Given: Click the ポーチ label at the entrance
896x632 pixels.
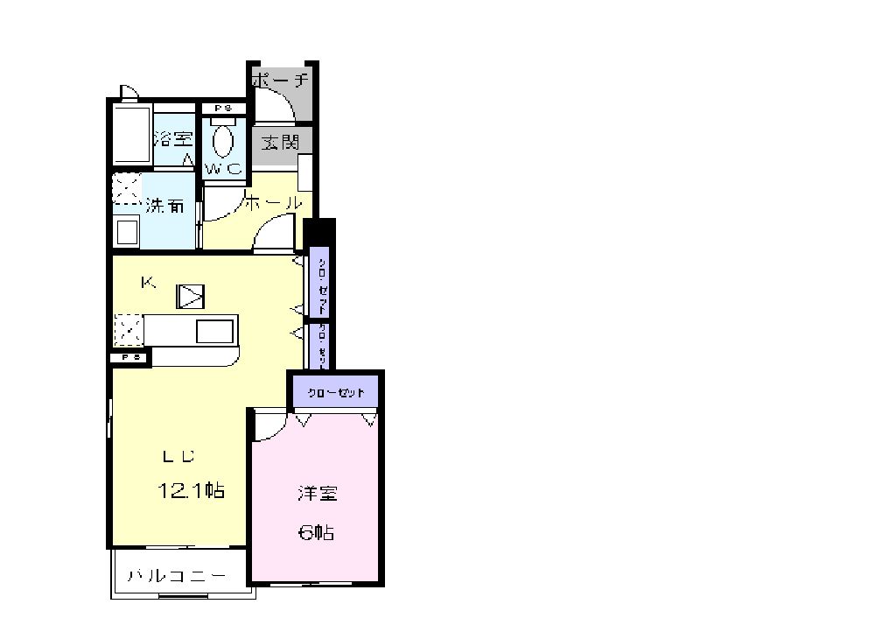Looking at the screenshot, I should point(280,81).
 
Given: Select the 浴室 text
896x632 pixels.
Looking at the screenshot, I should point(173,138).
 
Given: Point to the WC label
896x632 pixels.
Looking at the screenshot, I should point(223,169).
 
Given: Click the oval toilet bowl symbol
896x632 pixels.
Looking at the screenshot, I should point(223,141).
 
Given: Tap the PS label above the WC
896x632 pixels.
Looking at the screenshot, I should point(222,109).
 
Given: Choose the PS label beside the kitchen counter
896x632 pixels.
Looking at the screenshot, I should point(130,357).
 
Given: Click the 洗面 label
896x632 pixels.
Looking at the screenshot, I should point(164,207).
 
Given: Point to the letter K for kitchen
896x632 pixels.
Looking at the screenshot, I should point(149,282).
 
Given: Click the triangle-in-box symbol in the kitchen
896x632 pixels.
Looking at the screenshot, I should point(190,297).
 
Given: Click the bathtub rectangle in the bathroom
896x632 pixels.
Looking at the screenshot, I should point(131,135).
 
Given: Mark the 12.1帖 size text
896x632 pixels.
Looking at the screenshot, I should point(191,491).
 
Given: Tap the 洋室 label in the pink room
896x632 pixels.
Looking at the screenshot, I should point(317,493).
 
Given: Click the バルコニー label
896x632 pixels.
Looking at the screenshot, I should point(177,576).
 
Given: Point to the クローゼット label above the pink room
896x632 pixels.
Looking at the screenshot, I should point(336,392).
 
